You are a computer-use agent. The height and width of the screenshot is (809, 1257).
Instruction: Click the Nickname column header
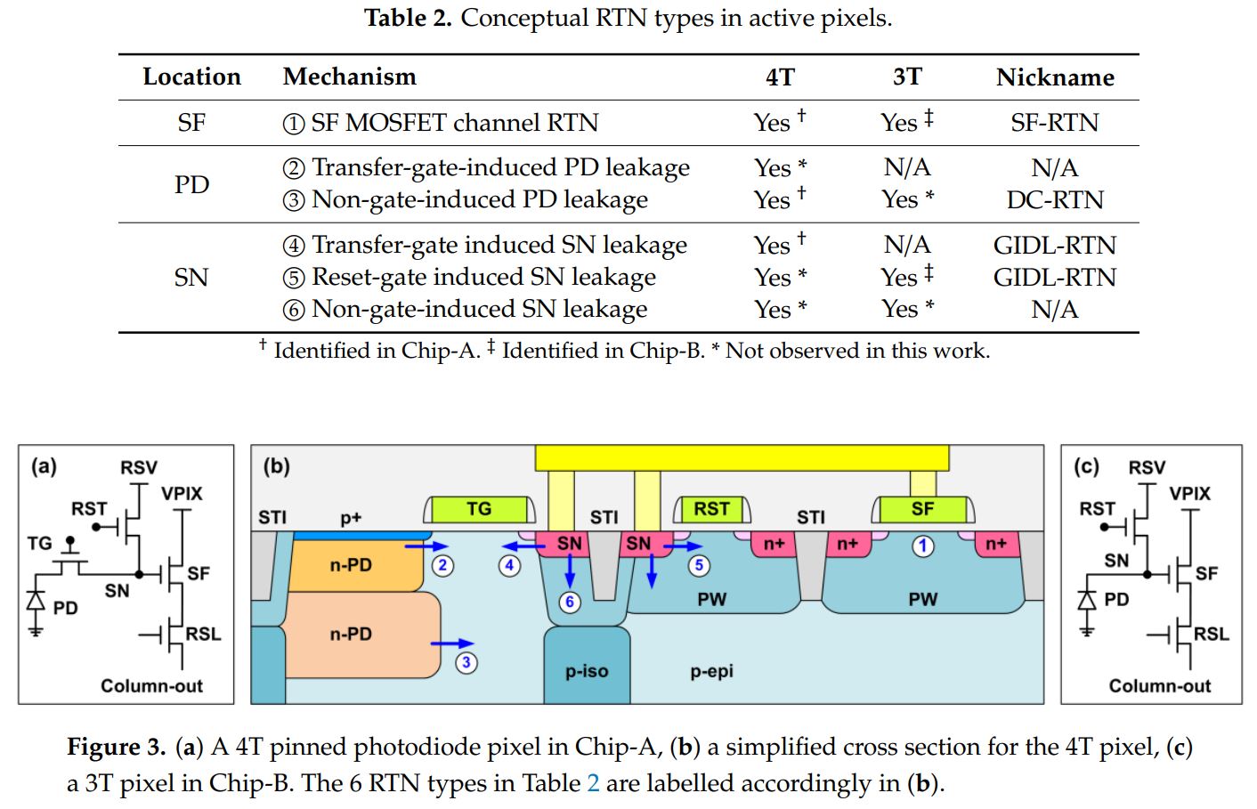(1054, 77)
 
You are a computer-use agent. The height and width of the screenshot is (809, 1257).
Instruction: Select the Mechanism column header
(349, 77)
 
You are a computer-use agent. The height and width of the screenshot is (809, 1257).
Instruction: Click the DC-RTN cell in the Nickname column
(1054, 200)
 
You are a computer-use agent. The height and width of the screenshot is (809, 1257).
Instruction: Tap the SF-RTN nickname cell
(1054, 123)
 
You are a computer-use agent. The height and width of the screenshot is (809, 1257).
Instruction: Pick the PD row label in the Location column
(191, 184)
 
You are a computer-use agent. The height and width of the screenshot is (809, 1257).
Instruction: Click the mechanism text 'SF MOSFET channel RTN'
(454, 123)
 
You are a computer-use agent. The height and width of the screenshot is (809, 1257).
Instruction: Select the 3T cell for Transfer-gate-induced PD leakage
(906, 167)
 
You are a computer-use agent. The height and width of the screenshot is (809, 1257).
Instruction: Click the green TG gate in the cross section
(479, 509)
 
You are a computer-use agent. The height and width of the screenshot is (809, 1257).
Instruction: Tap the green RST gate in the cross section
(711, 509)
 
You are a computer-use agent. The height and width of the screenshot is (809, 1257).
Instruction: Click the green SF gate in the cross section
(922, 509)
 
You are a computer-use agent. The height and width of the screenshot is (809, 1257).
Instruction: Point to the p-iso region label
(587, 671)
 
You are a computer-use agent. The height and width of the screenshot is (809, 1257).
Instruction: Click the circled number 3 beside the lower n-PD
(466, 662)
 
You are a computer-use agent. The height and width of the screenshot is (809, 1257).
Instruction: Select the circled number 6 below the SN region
(570, 603)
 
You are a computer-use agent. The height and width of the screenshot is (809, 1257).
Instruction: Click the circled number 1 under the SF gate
(923, 546)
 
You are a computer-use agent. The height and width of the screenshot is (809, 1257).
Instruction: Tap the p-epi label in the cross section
(711, 671)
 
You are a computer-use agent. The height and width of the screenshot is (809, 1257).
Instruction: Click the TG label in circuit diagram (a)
(39, 542)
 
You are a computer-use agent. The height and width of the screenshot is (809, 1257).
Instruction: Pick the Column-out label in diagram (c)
(1159, 685)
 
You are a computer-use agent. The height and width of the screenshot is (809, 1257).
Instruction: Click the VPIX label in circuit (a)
(182, 493)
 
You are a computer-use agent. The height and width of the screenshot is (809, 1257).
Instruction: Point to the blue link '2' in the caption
(593, 783)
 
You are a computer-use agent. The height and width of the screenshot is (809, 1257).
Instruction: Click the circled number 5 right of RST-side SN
(699, 565)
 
